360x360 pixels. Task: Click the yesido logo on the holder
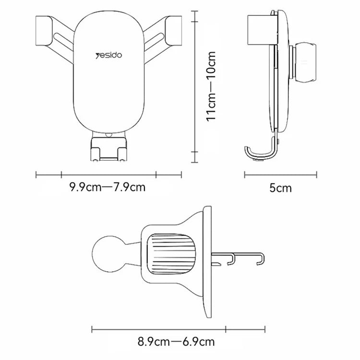pyautogui.click(x=109, y=55)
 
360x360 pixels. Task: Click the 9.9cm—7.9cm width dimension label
pyautogui.click(x=107, y=187)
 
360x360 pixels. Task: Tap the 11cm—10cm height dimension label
pyautogui.click(x=212, y=86)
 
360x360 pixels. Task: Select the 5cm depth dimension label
pyautogui.click(x=280, y=188)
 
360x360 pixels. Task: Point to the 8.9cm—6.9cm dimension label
pyautogui.click(x=176, y=342)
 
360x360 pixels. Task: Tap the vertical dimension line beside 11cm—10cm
pyautogui.click(x=194, y=86)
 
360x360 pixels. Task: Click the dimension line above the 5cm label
pyautogui.click(x=280, y=175)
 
